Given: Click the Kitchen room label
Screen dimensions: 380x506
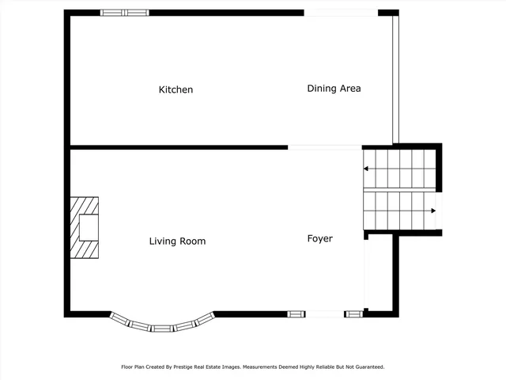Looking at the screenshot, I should pyautogui.click(x=176, y=90).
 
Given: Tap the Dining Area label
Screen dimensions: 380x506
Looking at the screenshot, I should pyautogui.click(x=334, y=89).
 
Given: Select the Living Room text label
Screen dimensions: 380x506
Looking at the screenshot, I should pyautogui.click(x=177, y=241).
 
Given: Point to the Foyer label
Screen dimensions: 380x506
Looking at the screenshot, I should pyautogui.click(x=319, y=238).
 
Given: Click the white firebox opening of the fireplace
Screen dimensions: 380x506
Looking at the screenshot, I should pyautogui.click(x=88, y=228).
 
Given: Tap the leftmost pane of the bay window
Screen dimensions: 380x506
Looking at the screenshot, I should pyautogui.click(x=121, y=319).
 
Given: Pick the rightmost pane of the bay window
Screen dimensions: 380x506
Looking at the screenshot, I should pyautogui.click(x=205, y=319).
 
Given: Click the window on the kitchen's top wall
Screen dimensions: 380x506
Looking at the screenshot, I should pyautogui.click(x=124, y=13).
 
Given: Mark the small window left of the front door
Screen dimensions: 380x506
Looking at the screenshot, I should pyautogui.click(x=295, y=314).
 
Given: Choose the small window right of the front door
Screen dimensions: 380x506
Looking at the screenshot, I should pyautogui.click(x=353, y=314).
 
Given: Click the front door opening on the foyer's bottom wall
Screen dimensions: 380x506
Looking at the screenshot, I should pyautogui.click(x=324, y=314).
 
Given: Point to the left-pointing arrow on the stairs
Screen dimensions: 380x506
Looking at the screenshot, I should pyautogui.click(x=368, y=169).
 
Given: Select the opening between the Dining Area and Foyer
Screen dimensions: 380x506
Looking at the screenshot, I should pyautogui.click(x=324, y=146).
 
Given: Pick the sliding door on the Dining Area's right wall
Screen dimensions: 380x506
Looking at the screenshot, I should pyautogui.click(x=396, y=79).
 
